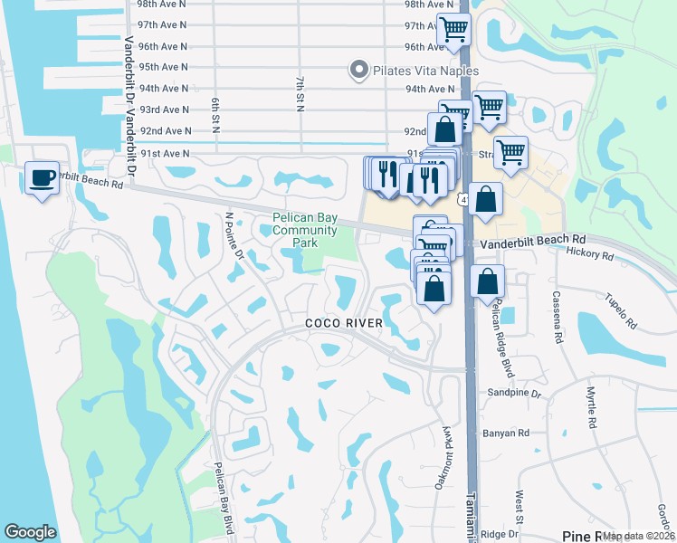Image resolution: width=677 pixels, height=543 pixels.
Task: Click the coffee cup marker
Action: click(42, 177)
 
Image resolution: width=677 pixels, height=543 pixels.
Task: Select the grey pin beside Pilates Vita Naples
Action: click(359, 69)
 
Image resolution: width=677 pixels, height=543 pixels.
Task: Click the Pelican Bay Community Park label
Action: click(305, 230)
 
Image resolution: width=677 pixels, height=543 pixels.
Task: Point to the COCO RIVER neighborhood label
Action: click(344, 323)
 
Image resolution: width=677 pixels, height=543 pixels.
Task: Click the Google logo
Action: click(31, 532)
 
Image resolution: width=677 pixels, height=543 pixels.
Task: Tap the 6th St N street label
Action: click(216, 111)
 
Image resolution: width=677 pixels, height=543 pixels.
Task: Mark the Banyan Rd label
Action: click(511, 433)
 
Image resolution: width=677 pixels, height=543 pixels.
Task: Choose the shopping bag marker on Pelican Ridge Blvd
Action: click(487, 283)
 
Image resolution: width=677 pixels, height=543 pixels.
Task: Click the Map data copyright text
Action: click(638, 536)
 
